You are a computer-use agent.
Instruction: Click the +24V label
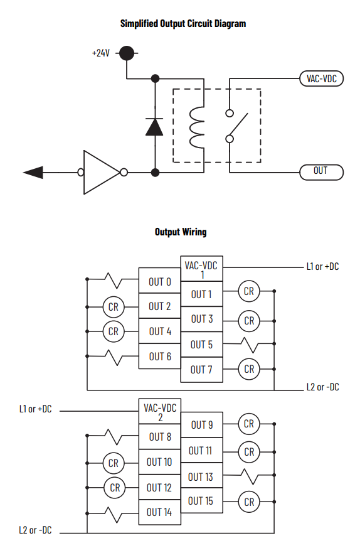[101, 53]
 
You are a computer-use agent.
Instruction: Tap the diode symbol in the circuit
[154, 127]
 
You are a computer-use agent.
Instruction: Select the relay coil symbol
[196, 127]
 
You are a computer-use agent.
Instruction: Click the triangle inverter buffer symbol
[102, 173]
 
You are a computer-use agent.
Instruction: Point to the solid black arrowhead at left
[33, 173]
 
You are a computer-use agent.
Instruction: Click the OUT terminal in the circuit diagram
[321, 172]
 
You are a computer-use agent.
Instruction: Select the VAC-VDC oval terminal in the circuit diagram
[321, 78]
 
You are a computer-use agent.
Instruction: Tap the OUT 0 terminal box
[159, 281]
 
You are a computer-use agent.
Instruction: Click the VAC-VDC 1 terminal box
[201, 269]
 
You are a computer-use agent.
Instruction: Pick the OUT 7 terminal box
[201, 370]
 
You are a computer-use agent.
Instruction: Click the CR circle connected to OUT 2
[114, 307]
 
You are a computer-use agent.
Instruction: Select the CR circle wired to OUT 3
[249, 321]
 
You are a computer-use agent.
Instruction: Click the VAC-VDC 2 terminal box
[159, 411]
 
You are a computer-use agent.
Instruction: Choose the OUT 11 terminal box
[201, 450]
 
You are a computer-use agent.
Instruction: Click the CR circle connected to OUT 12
[115, 488]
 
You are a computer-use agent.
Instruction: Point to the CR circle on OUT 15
[249, 502]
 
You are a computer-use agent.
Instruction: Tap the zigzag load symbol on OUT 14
[114, 515]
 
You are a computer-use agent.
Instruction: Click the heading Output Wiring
[181, 232]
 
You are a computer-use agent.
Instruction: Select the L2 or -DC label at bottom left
[35, 530]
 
